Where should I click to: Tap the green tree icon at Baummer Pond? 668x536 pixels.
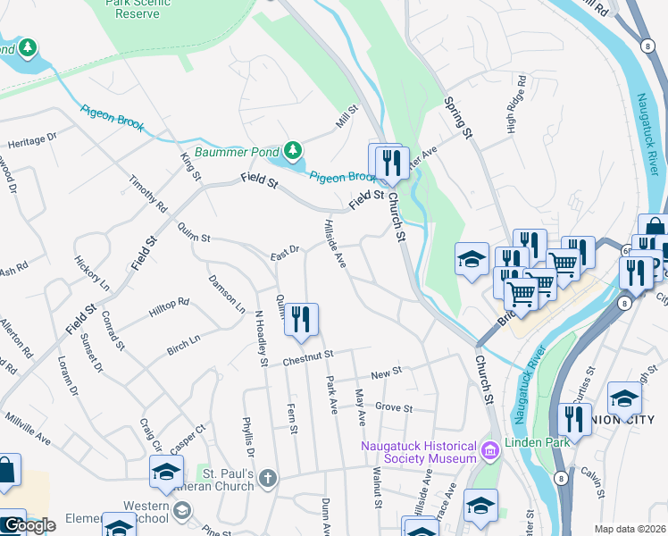click(292, 149)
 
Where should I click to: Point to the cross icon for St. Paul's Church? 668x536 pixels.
click(267, 480)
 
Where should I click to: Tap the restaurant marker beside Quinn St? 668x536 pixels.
click(301, 322)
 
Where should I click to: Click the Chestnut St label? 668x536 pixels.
click(307, 361)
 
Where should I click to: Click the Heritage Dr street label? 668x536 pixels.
click(32, 140)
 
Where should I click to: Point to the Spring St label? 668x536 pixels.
click(457, 118)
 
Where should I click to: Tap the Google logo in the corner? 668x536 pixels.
click(29, 524)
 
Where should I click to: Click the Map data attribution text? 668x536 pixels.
click(629, 529)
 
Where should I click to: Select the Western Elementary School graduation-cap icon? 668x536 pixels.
click(166, 473)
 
